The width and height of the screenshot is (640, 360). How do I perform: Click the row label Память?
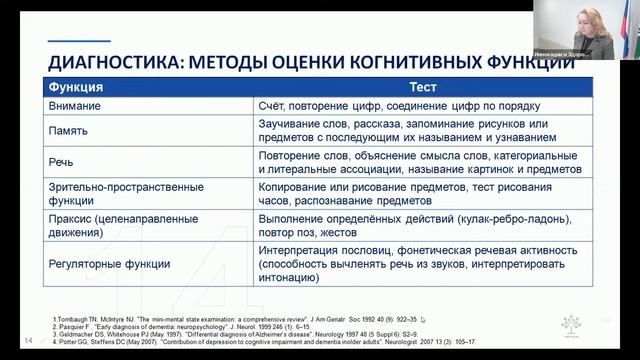70,130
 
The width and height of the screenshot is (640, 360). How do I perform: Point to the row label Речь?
62,158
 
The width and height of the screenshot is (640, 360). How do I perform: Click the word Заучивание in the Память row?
291,123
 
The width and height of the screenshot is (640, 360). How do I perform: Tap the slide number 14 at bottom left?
28,340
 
